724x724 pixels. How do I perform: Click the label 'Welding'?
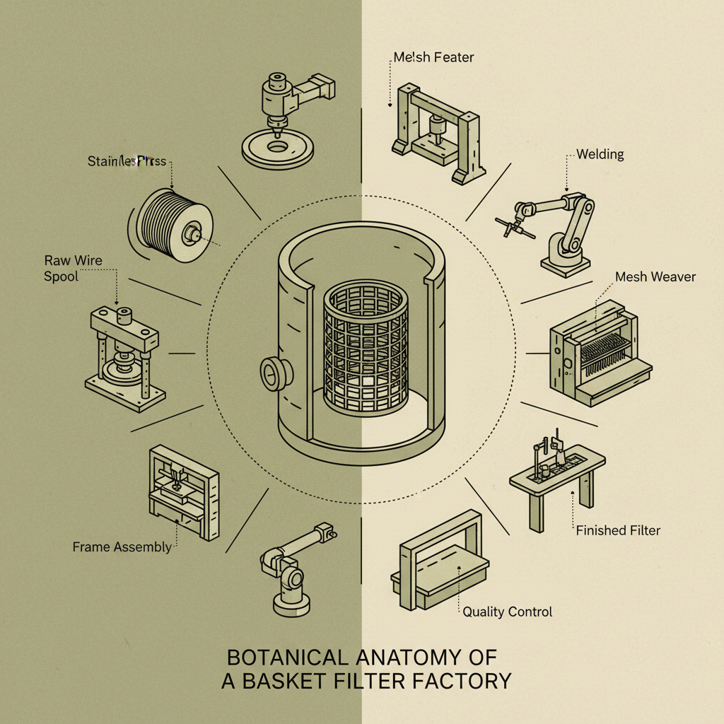pyautogui.click(x=600, y=154)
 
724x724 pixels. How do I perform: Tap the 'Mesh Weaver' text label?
pyautogui.click(x=655, y=276)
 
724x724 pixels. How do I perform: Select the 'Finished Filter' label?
pyautogui.click(x=618, y=530)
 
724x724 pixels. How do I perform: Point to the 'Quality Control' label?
pyautogui.click(x=507, y=612)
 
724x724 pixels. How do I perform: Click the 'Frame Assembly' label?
pyautogui.click(x=122, y=547)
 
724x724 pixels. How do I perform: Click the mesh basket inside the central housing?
pyautogui.click(x=366, y=350)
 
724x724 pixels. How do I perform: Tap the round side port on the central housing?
pyautogui.click(x=272, y=370)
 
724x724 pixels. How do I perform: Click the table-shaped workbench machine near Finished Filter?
pyautogui.click(x=559, y=477)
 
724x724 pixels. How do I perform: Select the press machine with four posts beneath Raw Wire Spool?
pyautogui.click(x=126, y=354)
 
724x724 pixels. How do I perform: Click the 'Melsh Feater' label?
pyautogui.click(x=433, y=57)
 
